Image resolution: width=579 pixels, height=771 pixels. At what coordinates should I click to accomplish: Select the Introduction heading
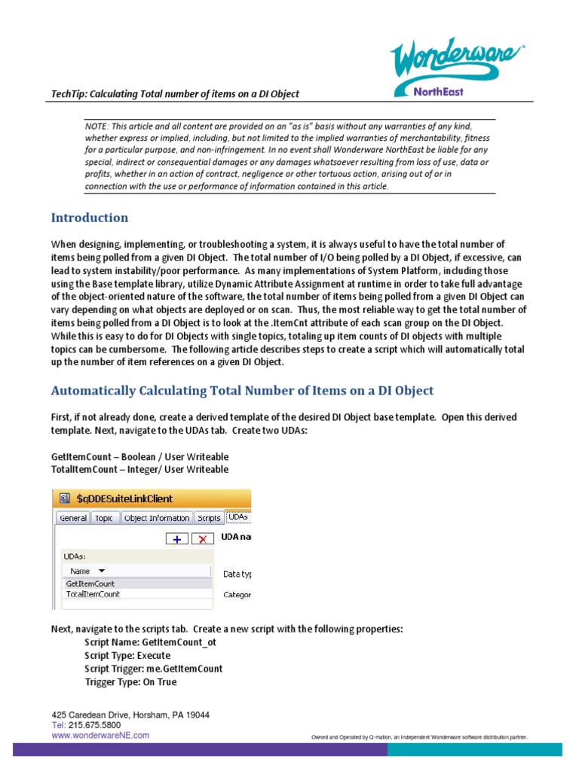coord(90,218)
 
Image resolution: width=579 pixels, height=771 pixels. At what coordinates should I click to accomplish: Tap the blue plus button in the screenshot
coord(176,538)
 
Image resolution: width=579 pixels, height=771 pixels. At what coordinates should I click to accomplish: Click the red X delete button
coord(202,538)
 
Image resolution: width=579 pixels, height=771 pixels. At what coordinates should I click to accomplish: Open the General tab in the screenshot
coord(73,518)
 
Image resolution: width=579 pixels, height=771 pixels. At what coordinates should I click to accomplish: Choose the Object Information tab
coord(156,518)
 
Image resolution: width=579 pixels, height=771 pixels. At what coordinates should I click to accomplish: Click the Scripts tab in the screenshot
coord(209,518)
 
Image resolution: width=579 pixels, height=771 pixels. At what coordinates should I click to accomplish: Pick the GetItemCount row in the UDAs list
coord(90,584)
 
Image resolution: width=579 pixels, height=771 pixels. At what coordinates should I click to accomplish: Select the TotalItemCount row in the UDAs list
coord(93,594)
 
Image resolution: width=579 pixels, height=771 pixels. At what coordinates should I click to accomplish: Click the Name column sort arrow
coord(102,571)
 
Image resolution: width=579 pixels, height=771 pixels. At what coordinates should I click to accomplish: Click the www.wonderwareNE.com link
coord(100,735)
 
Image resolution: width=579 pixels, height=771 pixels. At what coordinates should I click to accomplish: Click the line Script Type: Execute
coord(128,656)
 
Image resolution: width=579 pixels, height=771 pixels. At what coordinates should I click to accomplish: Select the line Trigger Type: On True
coord(130,681)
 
